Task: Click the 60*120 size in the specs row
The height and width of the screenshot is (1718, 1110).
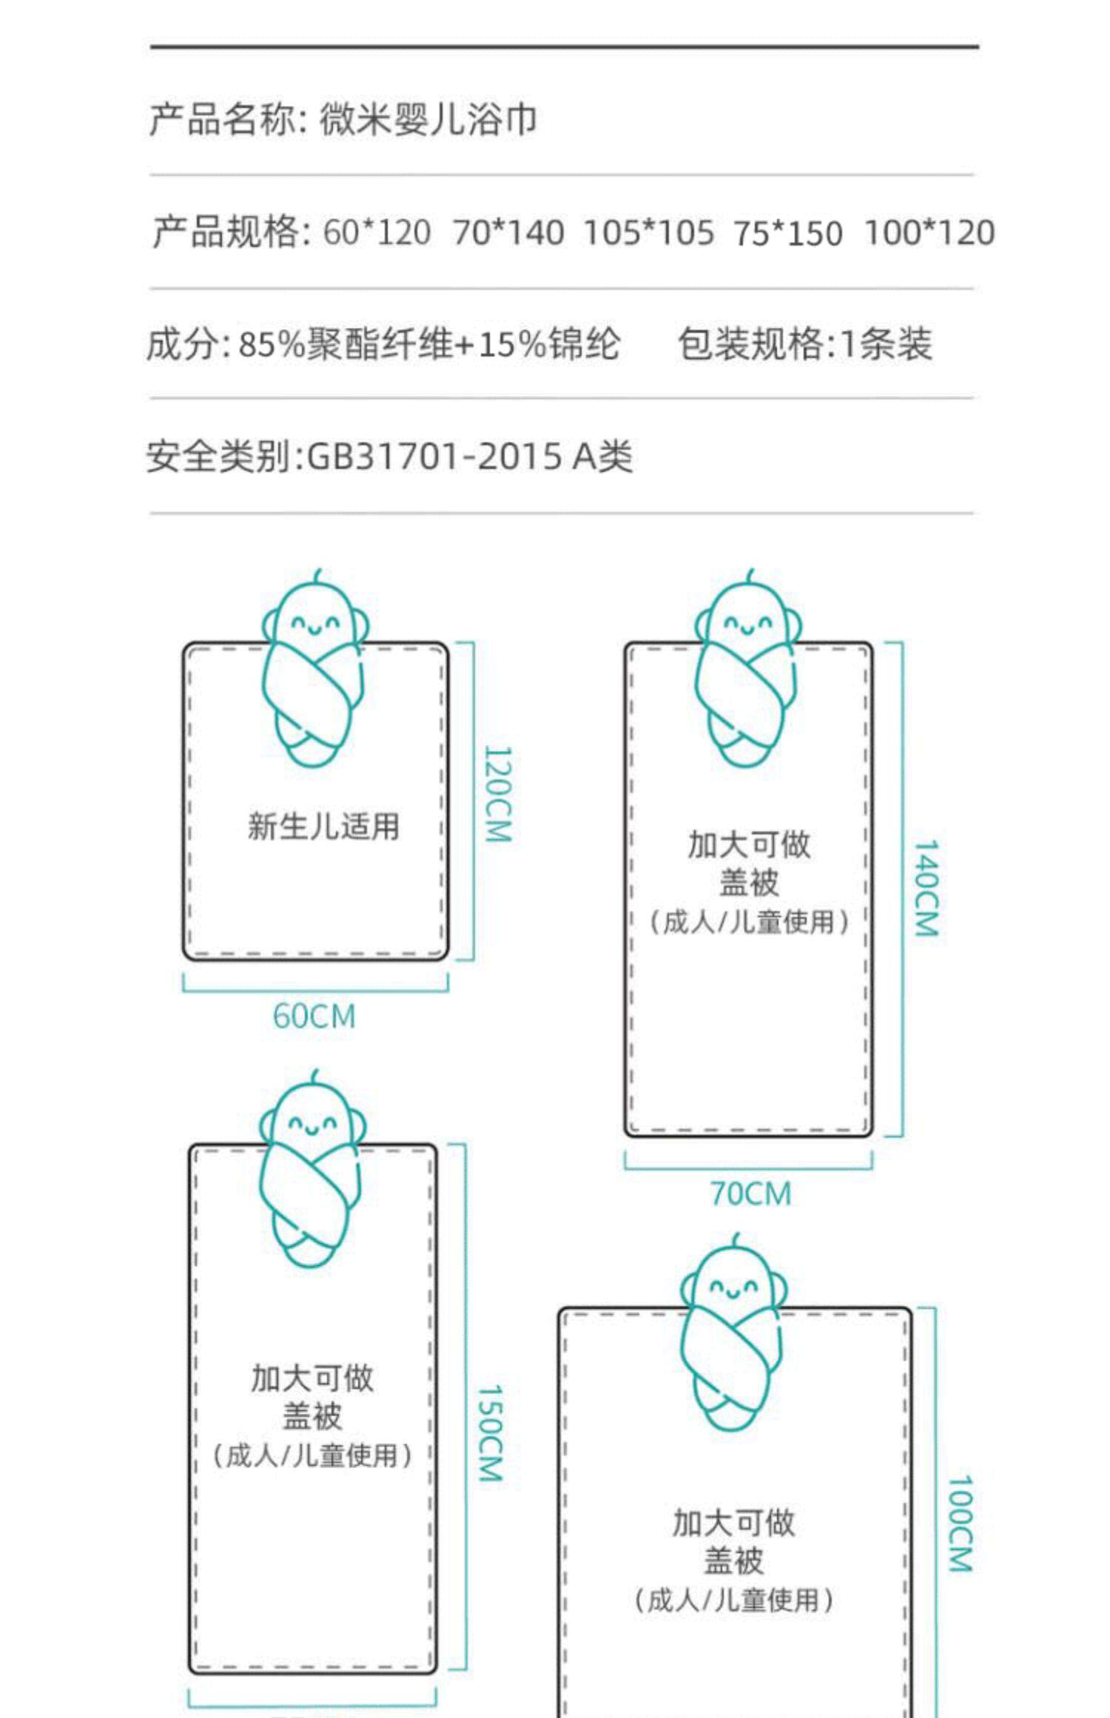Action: pyautogui.click(x=377, y=232)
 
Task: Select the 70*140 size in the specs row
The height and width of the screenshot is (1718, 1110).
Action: pyautogui.click(x=508, y=232)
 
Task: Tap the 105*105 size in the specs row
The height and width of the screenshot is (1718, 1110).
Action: pyautogui.click(x=648, y=232)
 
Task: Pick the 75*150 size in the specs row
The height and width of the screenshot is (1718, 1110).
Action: pyautogui.click(x=787, y=233)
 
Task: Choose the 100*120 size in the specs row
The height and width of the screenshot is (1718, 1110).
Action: pyautogui.click(x=929, y=232)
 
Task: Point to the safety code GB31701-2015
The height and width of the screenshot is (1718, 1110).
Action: pyautogui.click(x=434, y=456)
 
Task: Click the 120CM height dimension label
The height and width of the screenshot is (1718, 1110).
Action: pyautogui.click(x=497, y=793)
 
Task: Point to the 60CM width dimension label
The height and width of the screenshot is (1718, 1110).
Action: pyautogui.click(x=314, y=1016)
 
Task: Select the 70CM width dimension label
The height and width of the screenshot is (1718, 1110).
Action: pyautogui.click(x=750, y=1193)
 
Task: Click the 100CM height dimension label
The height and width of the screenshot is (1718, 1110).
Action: pyautogui.click(x=960, y=1523)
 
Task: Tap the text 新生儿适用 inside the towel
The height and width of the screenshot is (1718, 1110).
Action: pyautogui.click(x=323, y=826)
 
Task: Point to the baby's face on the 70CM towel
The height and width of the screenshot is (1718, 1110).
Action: pyautogui.click(x=747, y=624)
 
